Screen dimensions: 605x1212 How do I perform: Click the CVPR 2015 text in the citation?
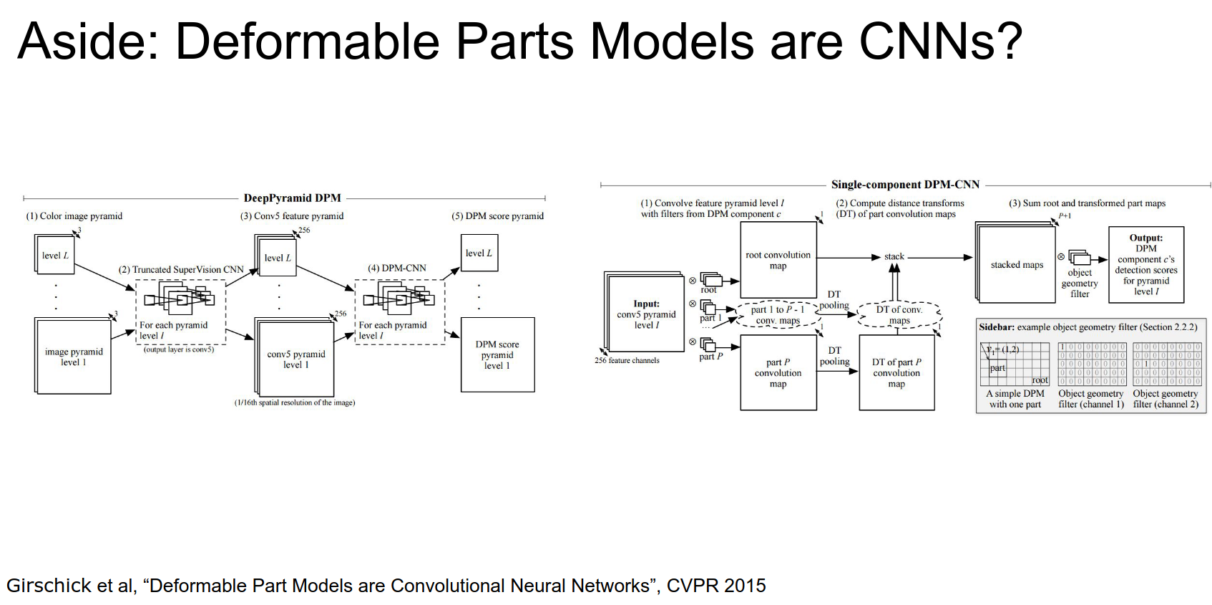click(716, 586)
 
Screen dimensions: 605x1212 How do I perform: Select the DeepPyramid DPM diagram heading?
click(292, 198)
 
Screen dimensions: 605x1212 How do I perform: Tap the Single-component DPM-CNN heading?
click(905, 185)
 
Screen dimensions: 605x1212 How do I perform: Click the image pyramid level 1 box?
click(74, 357)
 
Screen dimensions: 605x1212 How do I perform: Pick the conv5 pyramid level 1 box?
click(296, 359)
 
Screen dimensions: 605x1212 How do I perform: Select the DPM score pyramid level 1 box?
click(497, 355)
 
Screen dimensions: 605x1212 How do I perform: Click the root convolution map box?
click(778, 260)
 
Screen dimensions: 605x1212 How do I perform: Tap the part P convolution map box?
click(778, 373)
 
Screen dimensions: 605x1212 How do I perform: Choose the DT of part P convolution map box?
click(896, 373)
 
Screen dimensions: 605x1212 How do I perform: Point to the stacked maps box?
click(1017, 265)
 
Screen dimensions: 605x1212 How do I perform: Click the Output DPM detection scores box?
click(1145, 265)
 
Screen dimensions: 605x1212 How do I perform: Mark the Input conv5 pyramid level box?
click(646, 314)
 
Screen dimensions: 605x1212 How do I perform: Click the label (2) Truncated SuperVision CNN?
click(181, 270)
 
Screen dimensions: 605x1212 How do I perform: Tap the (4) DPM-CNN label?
click(397, 268)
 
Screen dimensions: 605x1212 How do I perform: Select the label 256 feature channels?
click(627, 361)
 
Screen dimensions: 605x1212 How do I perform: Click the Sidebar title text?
click(1088, 327)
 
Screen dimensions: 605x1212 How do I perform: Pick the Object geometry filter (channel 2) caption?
click(1165, 399)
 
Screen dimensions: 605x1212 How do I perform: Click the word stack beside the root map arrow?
click(894, 256)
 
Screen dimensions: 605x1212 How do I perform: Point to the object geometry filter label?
click(1080, 283)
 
